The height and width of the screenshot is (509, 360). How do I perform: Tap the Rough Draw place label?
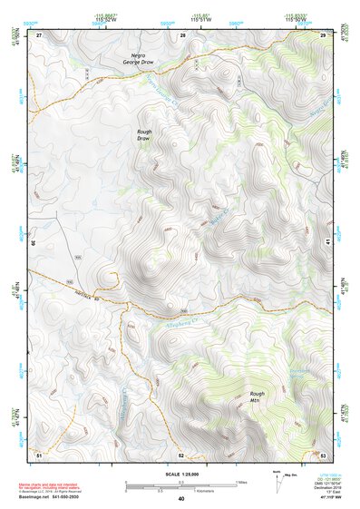coord(143,136)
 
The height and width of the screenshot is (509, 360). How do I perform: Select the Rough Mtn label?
coord(258,396)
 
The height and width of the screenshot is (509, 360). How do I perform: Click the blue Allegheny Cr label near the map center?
coord(188,318)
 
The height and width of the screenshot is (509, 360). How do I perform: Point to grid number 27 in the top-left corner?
coord(39,34)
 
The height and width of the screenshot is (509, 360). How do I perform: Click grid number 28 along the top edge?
coord(182,34)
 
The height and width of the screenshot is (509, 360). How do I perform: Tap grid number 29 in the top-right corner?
coord(323,34)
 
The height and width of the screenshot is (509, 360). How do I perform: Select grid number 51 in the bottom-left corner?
coord(39,454)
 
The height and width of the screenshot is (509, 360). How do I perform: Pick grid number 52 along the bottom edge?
coord(181,454)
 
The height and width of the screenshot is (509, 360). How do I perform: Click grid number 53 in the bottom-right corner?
coord(323,454)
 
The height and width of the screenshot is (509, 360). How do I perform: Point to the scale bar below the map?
coord(180,484)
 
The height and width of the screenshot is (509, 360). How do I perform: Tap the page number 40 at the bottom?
coord(181,499)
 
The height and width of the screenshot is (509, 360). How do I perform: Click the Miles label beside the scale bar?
coord(241,482)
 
